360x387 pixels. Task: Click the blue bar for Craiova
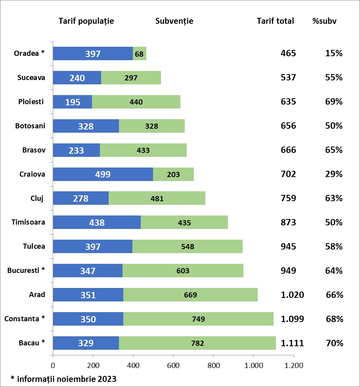(x=103, y=174)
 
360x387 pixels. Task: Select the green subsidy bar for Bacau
(x=197, y=343)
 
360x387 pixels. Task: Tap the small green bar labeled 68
(x=139, y=53)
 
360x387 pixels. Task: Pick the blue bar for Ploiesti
(x=73, y=102)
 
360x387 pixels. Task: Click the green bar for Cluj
(x=157, y=198)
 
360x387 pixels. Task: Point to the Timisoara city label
(x=29, y=222)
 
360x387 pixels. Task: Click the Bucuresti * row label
(x=26, y=271)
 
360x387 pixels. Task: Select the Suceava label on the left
(x=31, y=78)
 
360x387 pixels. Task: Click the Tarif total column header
(x=275, y=21)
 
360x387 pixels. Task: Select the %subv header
(x=325, y=21)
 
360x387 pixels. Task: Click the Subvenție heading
(x=174, y=21)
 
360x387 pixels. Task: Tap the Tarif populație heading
(x=86, y=21)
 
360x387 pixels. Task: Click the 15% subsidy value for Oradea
(x=334, y=53)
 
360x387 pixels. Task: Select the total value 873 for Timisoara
(x=288, y=222)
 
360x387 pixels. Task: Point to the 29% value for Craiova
(x=334, y=174)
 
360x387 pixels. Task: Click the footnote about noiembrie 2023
(x=63, y=379)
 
